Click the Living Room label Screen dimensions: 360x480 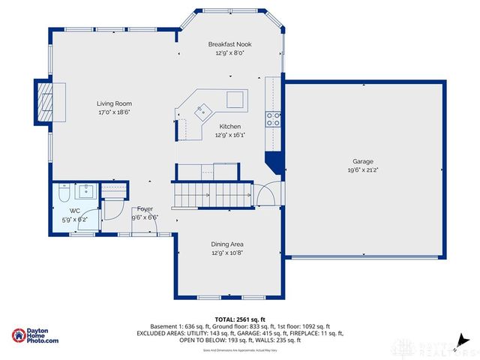(114, 103)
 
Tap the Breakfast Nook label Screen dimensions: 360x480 (230, 44)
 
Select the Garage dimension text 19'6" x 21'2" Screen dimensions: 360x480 (362, 170)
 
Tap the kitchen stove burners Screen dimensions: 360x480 (274, 118)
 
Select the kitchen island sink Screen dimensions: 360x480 (200, 112)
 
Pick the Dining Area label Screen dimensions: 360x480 (226, 244)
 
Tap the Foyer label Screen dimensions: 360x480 (145, 208)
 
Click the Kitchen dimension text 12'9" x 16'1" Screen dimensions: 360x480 (230, 136)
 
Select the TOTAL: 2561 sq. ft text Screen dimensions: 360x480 (239, 319)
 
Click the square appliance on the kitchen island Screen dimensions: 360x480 (235, 99)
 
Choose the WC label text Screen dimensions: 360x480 (75, 211)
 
